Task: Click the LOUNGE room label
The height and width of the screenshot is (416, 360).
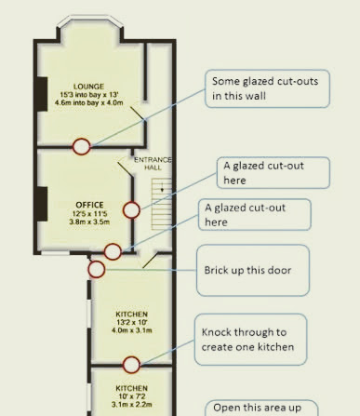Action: [x=88, y=87]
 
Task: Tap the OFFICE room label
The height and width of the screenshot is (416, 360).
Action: [x=89, y=205]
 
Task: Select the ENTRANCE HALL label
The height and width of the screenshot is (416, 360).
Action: [x=153, y=164]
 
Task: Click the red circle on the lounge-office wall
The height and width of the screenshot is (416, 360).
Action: [x=82, y=146]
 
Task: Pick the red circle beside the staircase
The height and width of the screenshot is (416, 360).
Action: [x=131, y=210]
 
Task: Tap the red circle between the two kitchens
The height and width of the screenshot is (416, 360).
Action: [x=131, y=365]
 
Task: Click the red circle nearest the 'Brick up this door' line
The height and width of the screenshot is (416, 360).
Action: [x=97, y=269]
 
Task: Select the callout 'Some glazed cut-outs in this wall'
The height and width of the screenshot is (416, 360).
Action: [x=267, y=88]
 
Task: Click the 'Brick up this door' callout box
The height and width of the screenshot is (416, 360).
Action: [x=253, y=270]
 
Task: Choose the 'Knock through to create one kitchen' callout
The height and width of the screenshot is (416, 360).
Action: [x=251, y=340]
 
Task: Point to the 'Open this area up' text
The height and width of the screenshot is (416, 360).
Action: [x=258, y=408]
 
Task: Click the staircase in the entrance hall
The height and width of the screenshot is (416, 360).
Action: [x=161, y=204]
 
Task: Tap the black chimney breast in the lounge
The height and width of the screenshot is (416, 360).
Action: [x=42, y=94]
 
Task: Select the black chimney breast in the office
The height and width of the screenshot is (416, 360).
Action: [x=42, y=204]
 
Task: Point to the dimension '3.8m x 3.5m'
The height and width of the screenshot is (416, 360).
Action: [x=89, y=221]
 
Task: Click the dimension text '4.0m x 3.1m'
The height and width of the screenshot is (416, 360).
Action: [x=132, y=330]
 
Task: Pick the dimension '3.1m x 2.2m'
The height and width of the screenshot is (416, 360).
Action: [x=132, y=405]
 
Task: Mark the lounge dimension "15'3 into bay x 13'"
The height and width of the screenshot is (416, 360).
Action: [x=89, y=95]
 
